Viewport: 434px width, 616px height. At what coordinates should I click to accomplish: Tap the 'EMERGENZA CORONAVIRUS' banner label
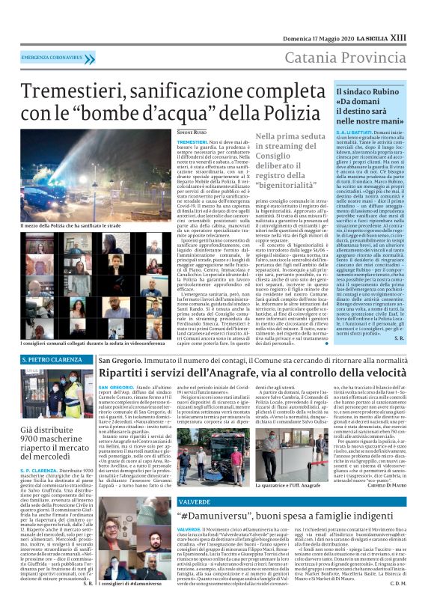click(52, 57)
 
